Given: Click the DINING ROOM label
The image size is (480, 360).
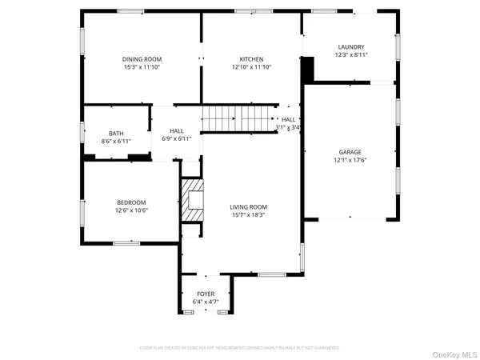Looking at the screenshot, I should [x=142, y=59].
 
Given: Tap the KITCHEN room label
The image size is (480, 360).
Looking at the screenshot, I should [x=251, y=59].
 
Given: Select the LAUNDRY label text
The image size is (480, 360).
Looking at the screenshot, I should [x=350, y=47].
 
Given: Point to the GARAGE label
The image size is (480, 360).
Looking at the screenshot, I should [x=350, y=150].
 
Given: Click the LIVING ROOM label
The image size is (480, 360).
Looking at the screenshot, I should [x=249, y=206].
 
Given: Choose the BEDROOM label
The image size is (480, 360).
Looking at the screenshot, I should [x=132, y=202].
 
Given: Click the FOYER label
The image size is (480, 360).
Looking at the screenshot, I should [x=206, y=294].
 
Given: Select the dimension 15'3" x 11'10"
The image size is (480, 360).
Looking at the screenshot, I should [x=142, y=68].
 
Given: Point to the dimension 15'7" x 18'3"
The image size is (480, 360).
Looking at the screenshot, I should [x=249, y=214].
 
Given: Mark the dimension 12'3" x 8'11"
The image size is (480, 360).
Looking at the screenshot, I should [x=350, y=55].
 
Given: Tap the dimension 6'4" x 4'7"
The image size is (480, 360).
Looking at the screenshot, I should [x=206, y=302].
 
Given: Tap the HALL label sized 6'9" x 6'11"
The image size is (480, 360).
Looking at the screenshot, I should [x=176, y=130].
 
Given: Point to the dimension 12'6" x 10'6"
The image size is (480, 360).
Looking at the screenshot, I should [x=132, y=210].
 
